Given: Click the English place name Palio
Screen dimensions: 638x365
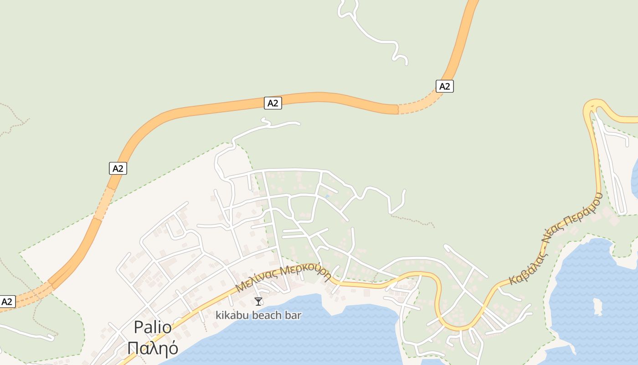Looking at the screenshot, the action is [x=153, y=328].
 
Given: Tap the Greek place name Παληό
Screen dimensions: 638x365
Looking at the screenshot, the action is [x=153, y=348].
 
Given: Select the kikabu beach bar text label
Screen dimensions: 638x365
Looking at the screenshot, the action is [x=258, y=315].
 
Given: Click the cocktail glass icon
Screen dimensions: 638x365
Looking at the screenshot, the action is [x=258, y=301].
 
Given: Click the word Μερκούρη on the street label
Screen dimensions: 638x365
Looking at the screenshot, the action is [x=305, y=272].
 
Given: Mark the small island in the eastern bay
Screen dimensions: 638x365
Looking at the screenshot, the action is [x=597, y=307].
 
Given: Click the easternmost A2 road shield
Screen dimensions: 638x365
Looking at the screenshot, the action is [x=445, y=86].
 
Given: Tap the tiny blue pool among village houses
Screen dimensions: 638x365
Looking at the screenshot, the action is [x=327, y=197].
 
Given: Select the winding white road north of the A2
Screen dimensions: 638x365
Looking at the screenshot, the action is [x=374, y=36].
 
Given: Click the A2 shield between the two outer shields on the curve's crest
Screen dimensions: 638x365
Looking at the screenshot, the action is [x=273, y=103].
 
